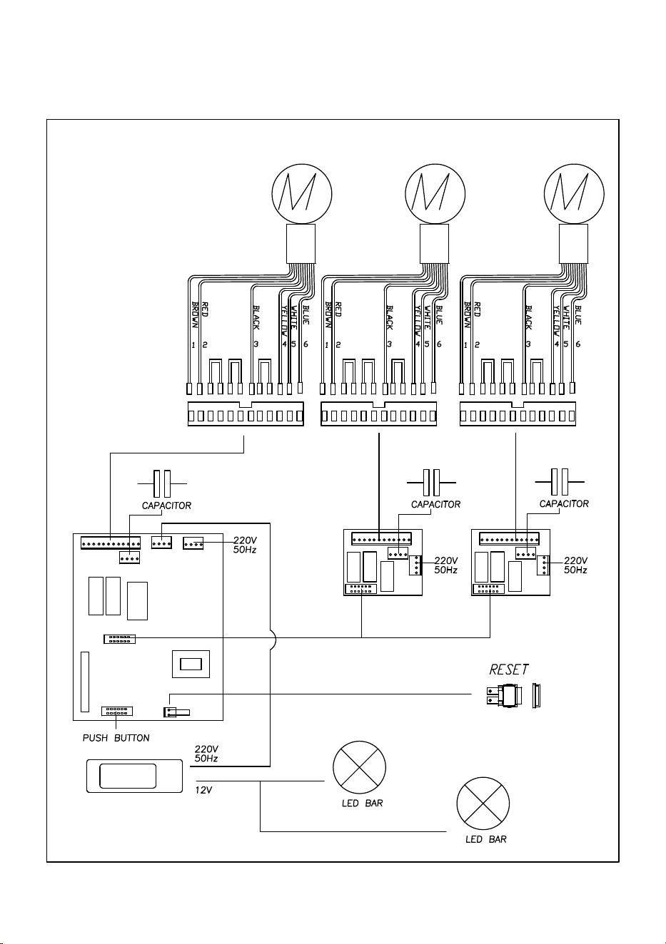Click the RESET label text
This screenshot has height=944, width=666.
(508, 669)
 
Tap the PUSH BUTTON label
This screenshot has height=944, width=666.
(116, 738)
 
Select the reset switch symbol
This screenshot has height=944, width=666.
(513, 695)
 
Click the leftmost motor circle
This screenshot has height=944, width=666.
(302, 194)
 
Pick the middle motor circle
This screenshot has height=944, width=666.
(435, 194)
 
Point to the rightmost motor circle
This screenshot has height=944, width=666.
(574, 194)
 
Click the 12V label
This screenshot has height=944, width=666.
(203, 790)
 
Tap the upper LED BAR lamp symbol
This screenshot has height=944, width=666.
(359, 767)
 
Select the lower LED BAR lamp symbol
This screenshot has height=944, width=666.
(483, 804)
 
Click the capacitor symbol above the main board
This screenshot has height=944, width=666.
(162, 483)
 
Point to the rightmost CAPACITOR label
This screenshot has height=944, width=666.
(564, 503)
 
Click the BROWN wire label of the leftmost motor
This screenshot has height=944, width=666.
(195, 315)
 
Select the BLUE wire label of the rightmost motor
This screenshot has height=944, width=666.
(578, 315)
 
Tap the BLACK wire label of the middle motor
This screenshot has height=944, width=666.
(389, 318)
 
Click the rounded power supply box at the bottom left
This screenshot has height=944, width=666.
(135, 776)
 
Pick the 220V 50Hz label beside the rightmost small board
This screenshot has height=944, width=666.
(575, 565)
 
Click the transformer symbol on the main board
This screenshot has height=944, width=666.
(191, 665)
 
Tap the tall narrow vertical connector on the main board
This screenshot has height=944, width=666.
(85, 682)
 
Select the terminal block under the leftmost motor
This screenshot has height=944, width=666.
(246, 414)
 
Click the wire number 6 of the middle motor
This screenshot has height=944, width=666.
(439, 344)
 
